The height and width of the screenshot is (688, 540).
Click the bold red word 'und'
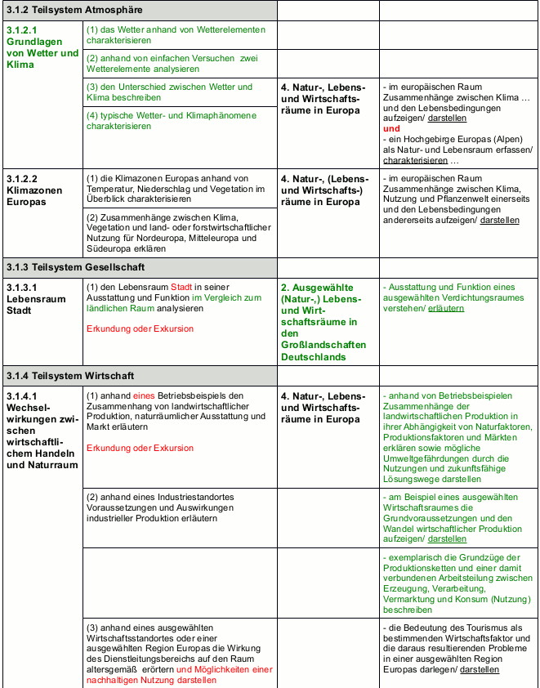392,129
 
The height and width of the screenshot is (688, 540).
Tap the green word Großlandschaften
322,346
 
